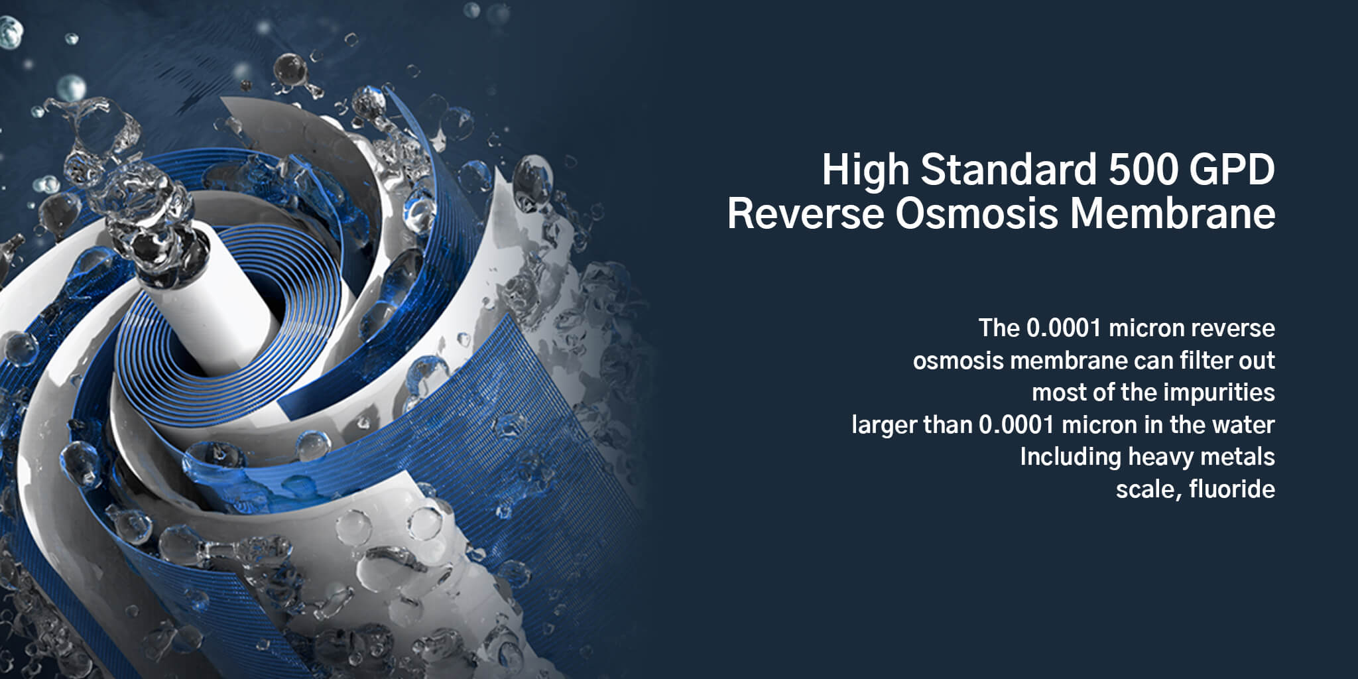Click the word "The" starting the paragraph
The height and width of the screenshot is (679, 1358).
(x=999, y=328)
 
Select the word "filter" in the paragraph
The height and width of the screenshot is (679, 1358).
(x=1194, y=360)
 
